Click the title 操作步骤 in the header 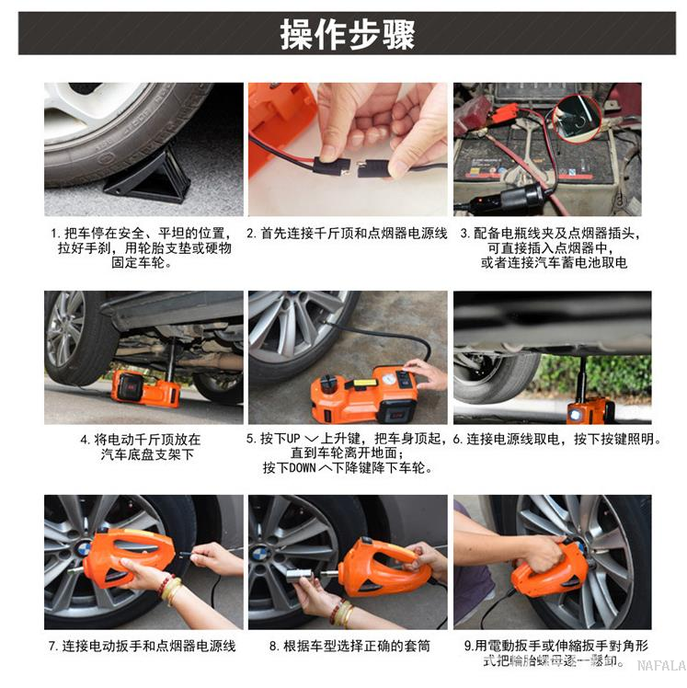[348, 34]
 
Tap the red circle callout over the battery [576, 118]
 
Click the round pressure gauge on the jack [388, 378]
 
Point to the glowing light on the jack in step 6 [574, 414]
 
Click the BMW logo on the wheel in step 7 [83, 549]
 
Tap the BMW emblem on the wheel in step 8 [259, 554]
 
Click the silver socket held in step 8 [299, 575]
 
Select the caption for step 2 [347, 233]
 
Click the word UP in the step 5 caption [293, 439]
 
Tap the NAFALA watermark [661, 666]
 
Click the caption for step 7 [143, 646]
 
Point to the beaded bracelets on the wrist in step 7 [169, 588]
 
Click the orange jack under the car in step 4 [145, 388]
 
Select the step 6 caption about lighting [556, 439]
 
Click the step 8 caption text [349, 646]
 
